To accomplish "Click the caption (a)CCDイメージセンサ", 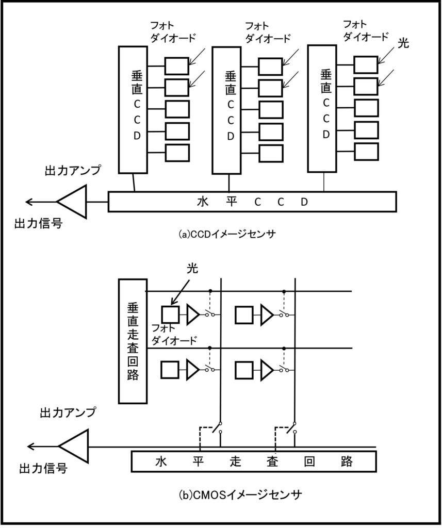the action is coord(227,234).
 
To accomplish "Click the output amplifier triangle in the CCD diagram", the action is coord(72,202).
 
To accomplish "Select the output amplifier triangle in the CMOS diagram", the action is coord(73,446).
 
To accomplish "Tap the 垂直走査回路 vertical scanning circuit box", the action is coord(133,341).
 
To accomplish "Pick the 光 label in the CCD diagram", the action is coord(403,43).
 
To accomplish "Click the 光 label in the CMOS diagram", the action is coord(192,268).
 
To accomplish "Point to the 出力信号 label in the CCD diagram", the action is coord(38,223).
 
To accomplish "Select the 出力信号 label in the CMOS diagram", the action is coord(43,468).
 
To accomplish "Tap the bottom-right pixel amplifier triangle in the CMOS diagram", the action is coord(267,370).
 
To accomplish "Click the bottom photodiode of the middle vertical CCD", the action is coord(271,153).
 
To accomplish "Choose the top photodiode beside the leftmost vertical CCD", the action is coord(176,66).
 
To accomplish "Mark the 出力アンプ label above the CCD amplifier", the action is coord(73,170).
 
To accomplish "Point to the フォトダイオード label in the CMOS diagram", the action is coord(174,334).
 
